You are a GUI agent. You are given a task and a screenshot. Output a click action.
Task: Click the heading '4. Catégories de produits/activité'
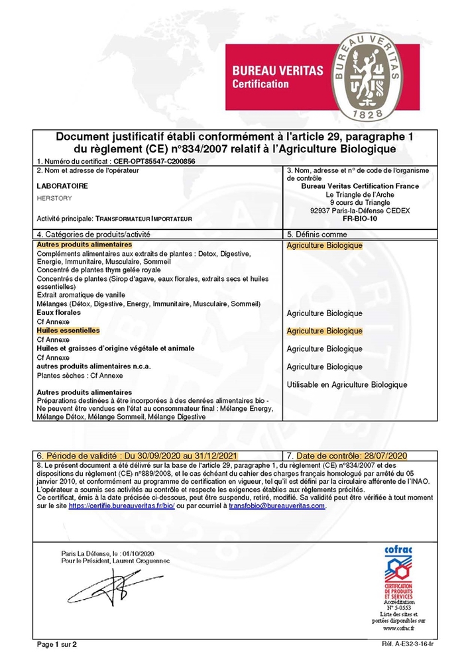tap(93, 235)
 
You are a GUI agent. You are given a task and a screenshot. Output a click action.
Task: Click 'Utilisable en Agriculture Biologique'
tap(347, 384)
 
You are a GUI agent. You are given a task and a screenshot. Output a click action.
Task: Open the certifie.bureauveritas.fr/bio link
tap(121, 506)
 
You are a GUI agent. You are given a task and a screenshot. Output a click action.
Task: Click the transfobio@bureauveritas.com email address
tap(277, 506)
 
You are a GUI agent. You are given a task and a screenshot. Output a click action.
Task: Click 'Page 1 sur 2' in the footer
tap(57, 643)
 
